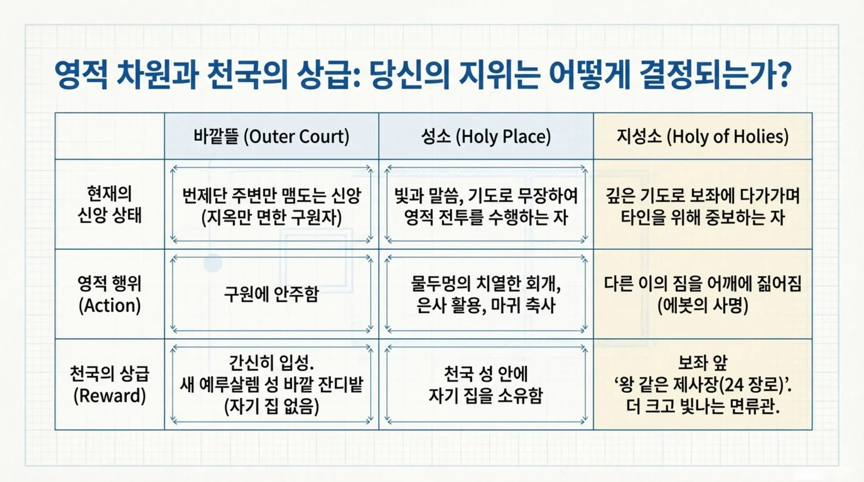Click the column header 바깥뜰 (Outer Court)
click(271, 136)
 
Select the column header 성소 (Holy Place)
click(486, 136)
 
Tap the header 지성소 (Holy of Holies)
click(702, 136)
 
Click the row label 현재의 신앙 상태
click(109, 204)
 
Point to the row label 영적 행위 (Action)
click(109, 294)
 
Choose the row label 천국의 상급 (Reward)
click(109, 384)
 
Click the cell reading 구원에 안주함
click(271, 294)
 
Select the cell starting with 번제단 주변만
click(271, 206)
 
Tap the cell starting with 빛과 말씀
click(486, 206)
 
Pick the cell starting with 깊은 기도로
click(702, 206)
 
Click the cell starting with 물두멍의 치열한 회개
click(486, 294)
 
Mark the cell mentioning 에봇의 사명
click(702, 294)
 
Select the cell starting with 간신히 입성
click(271, 384)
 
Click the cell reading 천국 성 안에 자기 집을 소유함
click(486, 384)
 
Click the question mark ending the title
click(783, 74)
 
